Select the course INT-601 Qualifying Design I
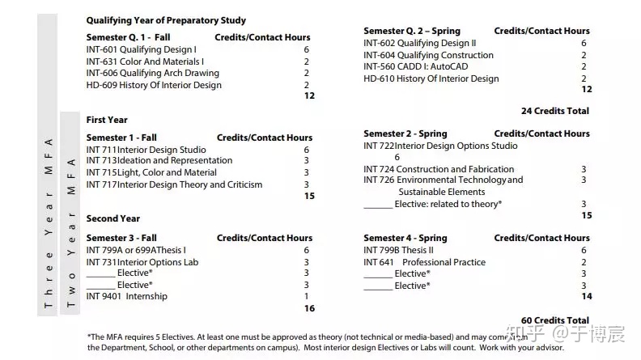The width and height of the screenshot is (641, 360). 141,49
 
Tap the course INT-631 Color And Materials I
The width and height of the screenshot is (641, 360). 145,61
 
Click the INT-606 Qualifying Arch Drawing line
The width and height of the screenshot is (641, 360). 152,73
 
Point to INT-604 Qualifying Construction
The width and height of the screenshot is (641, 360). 428,55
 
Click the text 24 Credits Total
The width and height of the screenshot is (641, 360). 555,111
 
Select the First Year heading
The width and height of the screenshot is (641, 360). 107,120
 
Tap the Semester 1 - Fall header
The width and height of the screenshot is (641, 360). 122,138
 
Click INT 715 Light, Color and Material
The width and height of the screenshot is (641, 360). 151,172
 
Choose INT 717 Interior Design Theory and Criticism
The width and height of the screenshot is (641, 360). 174,184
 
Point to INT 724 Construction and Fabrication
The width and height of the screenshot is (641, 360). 439,169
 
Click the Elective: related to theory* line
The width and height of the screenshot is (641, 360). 432,204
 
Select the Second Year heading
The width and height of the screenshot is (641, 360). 113,218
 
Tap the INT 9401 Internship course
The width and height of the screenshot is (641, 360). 127,296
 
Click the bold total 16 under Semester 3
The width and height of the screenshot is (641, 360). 308,308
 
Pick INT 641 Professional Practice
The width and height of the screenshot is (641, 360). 424,262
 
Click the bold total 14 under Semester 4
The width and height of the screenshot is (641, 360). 587,297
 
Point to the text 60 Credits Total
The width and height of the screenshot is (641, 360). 555,321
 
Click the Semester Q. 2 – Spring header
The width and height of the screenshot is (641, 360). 412,31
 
